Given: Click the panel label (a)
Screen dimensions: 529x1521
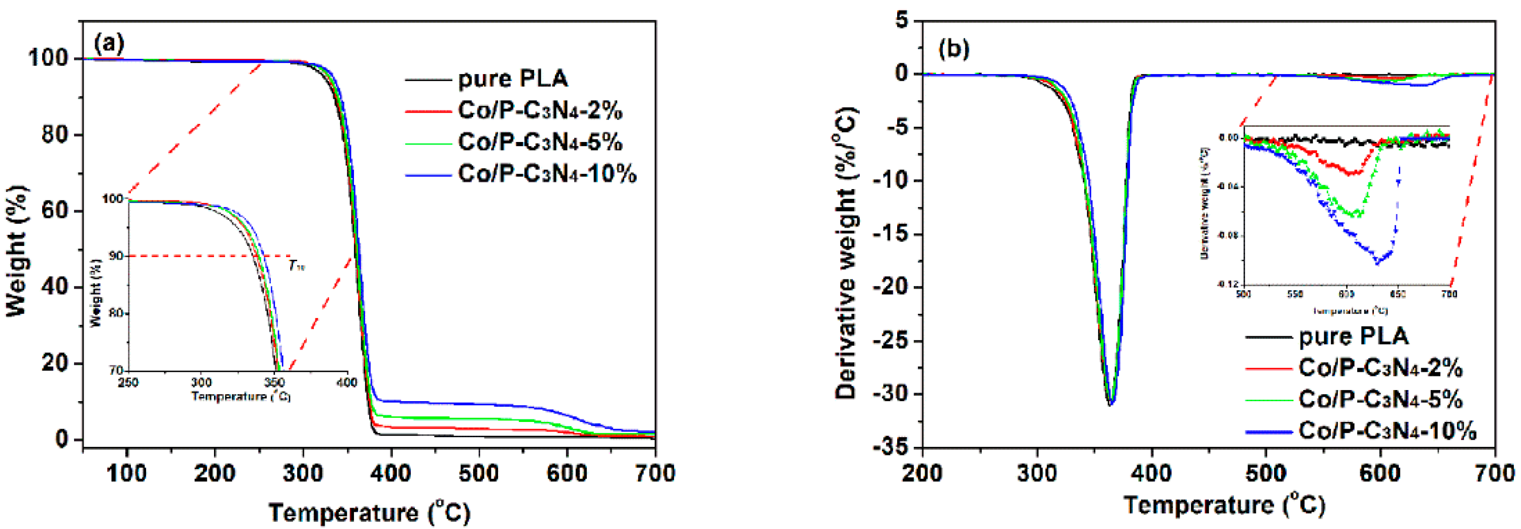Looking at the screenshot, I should pos(109,44).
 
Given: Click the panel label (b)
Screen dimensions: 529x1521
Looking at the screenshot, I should pos(954,49).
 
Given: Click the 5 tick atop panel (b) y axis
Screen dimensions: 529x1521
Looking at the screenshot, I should pos(901,22).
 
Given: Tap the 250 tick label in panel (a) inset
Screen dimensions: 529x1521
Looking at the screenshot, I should pos(128,383).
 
